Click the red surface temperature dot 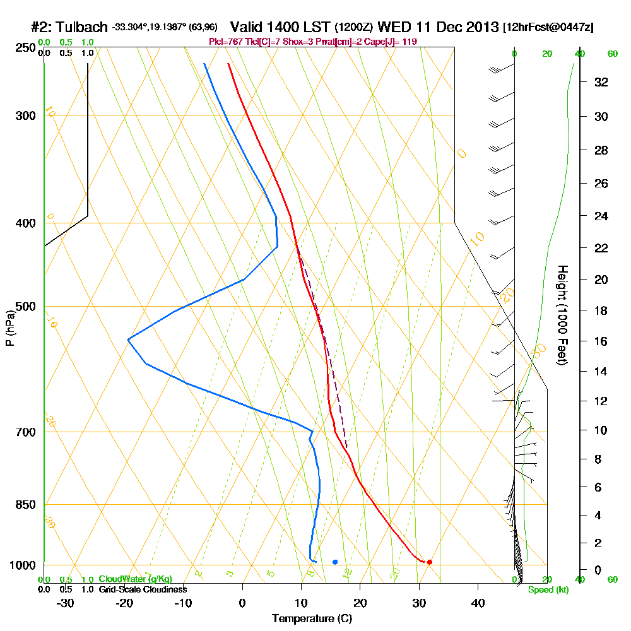pos(429,562)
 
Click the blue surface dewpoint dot pos(335,562)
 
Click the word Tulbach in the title pos(81,28)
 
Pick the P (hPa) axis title pos(9,328)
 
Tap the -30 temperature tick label pos(65,603)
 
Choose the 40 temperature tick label pos(478,603)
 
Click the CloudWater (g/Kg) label pos(135,579)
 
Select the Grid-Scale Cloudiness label pos(143,589)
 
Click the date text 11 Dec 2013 pos(455,28)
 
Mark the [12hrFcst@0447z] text pos(548,28)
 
